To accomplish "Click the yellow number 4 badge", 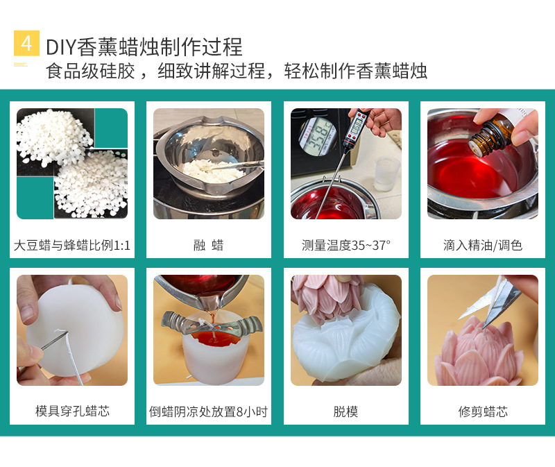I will [26, 44].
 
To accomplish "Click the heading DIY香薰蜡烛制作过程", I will [144, 46].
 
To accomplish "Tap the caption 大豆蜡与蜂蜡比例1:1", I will [72, 245].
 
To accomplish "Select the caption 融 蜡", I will [208, 245].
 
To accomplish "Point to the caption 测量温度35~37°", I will [345, 245].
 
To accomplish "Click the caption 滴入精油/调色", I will [482, 245].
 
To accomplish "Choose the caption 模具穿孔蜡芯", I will [72, 411].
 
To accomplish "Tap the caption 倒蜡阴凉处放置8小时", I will [208, 411].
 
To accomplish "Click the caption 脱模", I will [345, 411].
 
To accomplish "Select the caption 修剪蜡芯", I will [482, 411].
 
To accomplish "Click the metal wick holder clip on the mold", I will [209, 323].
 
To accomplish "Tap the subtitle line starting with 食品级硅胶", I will [236, 71].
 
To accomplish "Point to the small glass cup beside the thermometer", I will [386, 173].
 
